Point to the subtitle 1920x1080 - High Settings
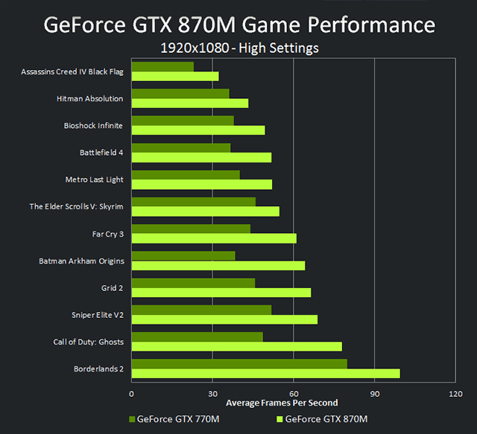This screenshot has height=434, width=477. (x=239, y=49)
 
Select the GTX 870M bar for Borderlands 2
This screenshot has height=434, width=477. (x=265, y=373)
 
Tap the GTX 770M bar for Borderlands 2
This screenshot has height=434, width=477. (x=238, y=363)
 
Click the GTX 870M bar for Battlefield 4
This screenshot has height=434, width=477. (x=201, y=157)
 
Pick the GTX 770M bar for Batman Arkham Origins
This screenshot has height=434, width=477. (x=183, y=255)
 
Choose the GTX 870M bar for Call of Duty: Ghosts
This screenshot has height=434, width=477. (x=236, y=346)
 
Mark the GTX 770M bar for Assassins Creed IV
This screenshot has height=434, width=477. (x=162, y=66)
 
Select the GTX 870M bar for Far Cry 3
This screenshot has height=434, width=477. (x=214, y=238)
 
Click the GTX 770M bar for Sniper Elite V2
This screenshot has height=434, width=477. (x=201, y=310)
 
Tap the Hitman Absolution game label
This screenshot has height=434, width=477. (x=89, y=98)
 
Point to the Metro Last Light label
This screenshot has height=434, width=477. (x=94, y=179)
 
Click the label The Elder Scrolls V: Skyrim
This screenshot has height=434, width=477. (x=76, y=206)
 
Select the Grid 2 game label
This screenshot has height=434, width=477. (x=112, y=287)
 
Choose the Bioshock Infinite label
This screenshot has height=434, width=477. (x=93, y=125)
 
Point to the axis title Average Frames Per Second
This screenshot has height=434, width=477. (x=282, y=403)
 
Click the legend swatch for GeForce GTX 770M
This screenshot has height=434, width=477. (x=133, y=419)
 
